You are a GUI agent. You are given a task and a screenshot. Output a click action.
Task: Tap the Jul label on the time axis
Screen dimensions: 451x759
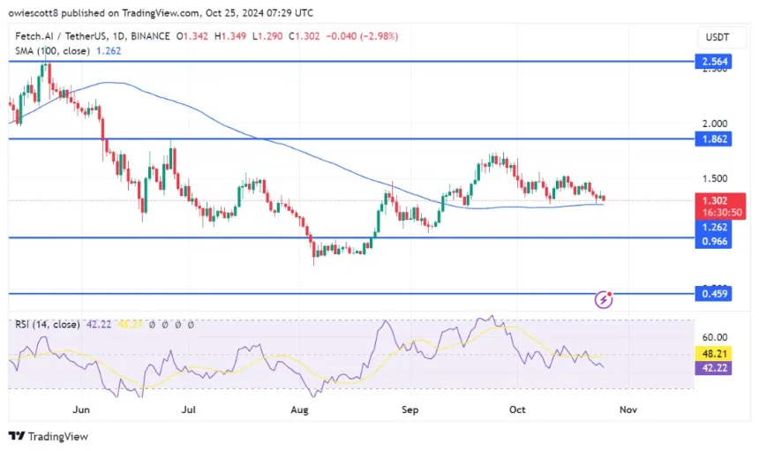[188, 410]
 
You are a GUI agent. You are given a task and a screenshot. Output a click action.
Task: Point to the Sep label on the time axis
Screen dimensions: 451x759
[409, 410]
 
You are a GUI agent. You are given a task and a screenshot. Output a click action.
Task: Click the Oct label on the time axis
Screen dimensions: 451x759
[516, 410]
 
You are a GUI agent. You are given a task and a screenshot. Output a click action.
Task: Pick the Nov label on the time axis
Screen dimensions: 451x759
[627, 410]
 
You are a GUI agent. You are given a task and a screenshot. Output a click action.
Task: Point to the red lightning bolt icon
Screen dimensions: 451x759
[605, 299]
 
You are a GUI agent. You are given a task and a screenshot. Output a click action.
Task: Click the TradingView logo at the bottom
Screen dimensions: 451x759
[49, 436]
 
